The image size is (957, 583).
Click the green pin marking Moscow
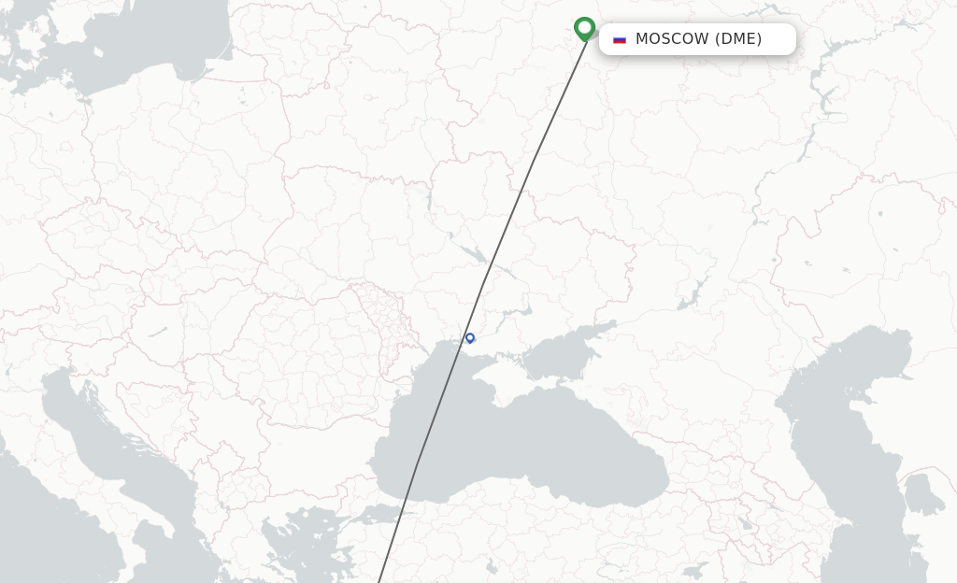point(584,28)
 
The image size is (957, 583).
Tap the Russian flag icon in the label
point(619,39)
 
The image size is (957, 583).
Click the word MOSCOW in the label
point(672,39)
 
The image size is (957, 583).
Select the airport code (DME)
point(738,39)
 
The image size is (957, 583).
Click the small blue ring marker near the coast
point(470,338)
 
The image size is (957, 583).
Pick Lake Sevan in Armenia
point(745,524)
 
